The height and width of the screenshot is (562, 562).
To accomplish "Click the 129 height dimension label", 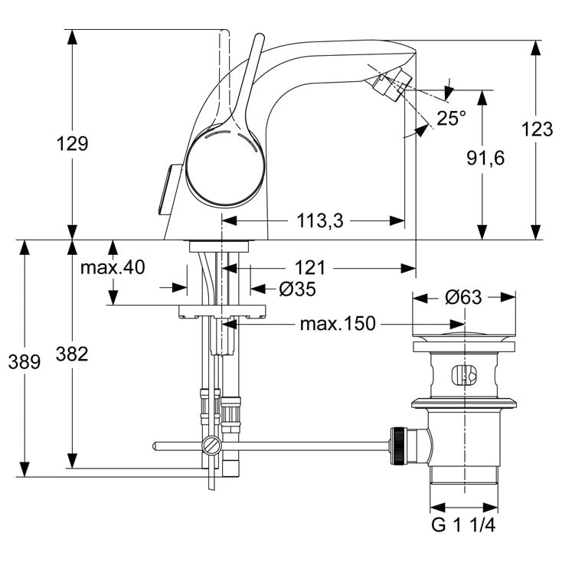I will coord(73,143).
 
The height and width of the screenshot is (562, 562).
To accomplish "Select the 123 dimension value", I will coord(537,129).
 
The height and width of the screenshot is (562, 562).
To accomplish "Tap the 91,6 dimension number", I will coord(484,158).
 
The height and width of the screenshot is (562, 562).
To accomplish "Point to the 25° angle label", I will coord(451,118).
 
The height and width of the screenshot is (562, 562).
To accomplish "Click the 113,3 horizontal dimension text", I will coord(319,221).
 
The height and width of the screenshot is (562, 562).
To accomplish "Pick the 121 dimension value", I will coord(310,268).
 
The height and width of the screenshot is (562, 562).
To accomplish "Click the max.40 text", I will coord(113,268).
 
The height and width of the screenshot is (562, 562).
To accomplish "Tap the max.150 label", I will coord(338,324).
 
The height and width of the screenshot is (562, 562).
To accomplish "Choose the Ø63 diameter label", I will coord(463,297).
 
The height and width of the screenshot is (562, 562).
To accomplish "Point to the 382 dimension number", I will coord(72,354).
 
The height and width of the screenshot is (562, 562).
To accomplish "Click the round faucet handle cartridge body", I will coord(223,165).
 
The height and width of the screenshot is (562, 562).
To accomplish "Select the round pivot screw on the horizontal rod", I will coord(212,446).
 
